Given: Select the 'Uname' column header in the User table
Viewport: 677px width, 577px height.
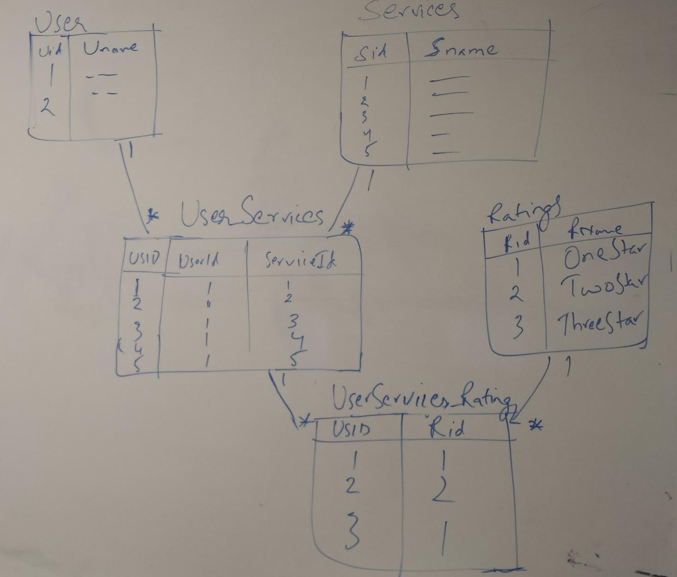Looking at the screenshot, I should pyautogui.click(x=110, y=48).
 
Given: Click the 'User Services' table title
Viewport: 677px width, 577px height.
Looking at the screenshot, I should pyautogui.click(x=251, y=214).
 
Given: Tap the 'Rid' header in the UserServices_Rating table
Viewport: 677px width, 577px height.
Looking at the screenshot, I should pyautogui.click(x=447, y=428).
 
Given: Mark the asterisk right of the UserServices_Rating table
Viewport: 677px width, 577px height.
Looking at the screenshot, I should pyautogui.click(x=535, y=425).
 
